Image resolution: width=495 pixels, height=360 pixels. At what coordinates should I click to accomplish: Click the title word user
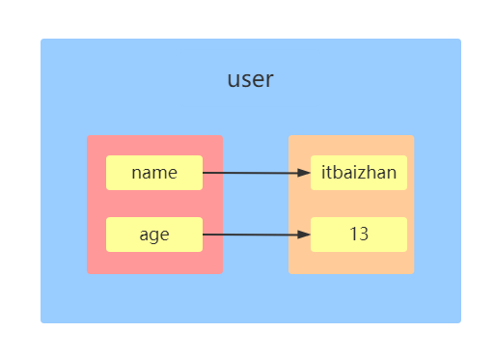click(250, 80)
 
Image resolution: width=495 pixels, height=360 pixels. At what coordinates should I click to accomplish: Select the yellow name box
click(154, 173)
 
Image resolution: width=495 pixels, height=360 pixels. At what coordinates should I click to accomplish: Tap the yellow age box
click(154, 235)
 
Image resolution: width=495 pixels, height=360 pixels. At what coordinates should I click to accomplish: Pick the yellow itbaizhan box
click(359, 173)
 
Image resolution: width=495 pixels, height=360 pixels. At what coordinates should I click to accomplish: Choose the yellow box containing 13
click(359, 235)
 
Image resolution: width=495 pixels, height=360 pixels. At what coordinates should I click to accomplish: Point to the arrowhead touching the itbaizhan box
click(305, 173)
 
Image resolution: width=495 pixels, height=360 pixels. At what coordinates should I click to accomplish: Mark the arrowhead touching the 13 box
click(305, 235)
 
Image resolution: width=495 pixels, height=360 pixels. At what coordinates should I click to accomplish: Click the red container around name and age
click(154, 261)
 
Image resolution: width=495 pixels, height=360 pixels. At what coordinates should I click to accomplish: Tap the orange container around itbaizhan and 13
click(351, 261)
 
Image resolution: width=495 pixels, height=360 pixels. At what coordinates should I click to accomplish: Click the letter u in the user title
click(233, 81)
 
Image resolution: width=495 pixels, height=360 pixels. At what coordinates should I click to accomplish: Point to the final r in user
click(269, 81)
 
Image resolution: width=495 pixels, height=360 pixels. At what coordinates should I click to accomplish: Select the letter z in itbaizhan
click(372, 174)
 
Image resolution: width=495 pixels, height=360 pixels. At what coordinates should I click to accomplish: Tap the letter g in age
click(154, 236)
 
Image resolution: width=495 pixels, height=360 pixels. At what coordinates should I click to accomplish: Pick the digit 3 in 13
click(364, 235)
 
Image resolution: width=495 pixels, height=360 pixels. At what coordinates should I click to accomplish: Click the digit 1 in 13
click(354, 235)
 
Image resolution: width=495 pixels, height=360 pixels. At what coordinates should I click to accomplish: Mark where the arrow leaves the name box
click(204, 173)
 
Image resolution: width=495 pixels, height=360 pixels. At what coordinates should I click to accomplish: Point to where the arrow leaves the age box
click(204, 235)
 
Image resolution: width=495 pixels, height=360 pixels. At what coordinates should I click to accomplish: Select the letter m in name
click(158, 174)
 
